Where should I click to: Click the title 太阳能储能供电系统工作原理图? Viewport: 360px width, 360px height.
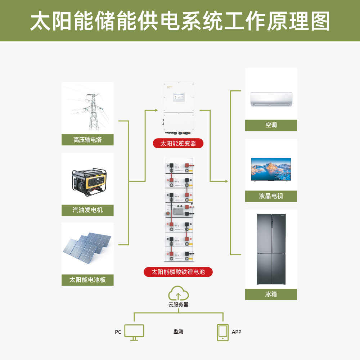click(180, 21)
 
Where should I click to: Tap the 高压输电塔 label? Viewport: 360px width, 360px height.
click(87, 140)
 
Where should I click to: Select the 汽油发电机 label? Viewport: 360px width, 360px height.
click(87, 210)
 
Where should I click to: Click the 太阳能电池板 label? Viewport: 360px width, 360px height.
click(87, 280)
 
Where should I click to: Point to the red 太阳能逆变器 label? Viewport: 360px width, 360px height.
click(178, 143)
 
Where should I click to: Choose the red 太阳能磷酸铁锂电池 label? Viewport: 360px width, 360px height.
click(178, 272)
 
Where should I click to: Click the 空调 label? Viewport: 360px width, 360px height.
click(271, 125)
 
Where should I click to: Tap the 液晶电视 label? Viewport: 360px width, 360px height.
click(271, 196)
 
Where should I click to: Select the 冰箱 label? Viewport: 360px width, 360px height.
click(271, 294)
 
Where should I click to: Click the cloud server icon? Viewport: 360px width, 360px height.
click(179, 294)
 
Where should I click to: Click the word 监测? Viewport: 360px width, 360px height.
click(179, 332)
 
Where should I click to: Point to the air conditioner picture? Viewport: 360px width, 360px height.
click(271, 99)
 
